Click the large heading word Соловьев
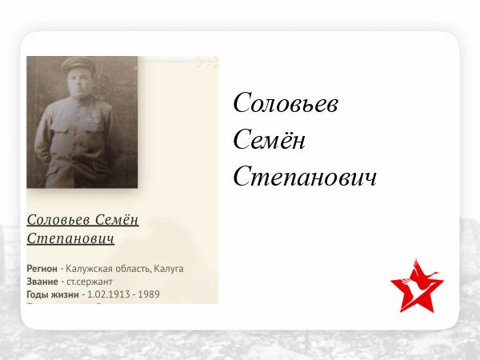286,103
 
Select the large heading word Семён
270,139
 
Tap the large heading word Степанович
305,176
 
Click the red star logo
417,286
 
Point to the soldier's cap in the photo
78,65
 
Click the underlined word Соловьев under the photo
58,220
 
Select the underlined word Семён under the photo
117,220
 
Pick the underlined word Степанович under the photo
70,238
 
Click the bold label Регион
42,269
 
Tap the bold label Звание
42,282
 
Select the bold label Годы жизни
53,294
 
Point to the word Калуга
169,269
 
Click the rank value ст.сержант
90,282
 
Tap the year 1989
149,294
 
